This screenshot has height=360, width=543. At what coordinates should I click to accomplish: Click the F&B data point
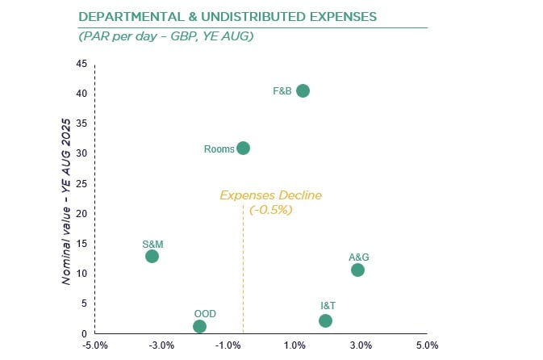coord(303,90)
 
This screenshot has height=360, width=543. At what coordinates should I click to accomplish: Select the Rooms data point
coord(243,148)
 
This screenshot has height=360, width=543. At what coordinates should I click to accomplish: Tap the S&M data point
coord(152,256)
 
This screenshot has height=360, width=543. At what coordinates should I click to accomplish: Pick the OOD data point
coord(199,326)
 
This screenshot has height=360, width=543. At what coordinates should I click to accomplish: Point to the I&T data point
coord(325,320)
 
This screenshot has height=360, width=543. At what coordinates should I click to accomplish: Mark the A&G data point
coord(357,270)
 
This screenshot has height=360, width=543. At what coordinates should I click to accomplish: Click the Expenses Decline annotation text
coord(270,195)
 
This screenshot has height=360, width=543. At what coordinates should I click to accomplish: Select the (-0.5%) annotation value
coord(270,209)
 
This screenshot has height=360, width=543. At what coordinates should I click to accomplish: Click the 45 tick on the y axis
coord(82,64)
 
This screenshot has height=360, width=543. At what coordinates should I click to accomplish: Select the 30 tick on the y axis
coord(82,153)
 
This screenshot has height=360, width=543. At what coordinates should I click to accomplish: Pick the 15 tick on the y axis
coord(82,244)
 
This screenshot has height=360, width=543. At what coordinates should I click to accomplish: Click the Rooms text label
coord(219,149)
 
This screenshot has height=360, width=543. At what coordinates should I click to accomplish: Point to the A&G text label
coord(358,257)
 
